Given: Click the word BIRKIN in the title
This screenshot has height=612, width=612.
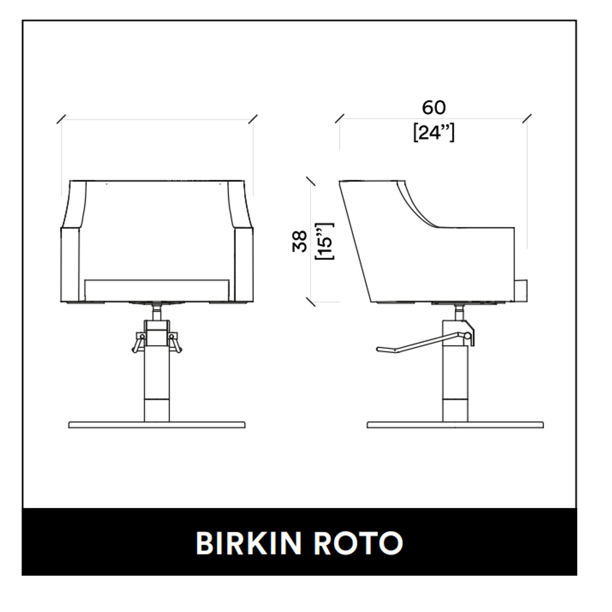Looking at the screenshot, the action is pyautogui.click(x=248, y=543).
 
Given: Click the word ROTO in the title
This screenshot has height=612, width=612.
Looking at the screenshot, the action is pyautogui.click(x=358, y=543).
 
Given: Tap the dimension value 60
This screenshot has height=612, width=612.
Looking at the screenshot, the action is pyautogui.click(x=434, y=107).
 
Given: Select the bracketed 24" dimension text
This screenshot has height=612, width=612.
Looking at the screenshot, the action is pyautogui.click(x=434, y=132).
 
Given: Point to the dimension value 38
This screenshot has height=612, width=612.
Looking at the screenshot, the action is pyautogui.click(x=300, y=241).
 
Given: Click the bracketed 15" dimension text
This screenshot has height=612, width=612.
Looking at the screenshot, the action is pyautogui.click(x=325, y=241).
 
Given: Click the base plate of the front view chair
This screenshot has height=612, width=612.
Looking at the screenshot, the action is pyautogui.click(x=157, y=425).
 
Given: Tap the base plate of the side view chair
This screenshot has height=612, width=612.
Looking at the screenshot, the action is pyautogui.click(x=455, y=425).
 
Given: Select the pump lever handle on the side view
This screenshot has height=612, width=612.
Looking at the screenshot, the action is pyautogui.click(x=422, y=342).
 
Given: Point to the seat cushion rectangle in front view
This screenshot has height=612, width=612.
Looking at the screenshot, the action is pyautogui.click(x=157, y=290).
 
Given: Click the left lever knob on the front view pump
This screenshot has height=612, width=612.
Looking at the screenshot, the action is pyautogui.click(x=137, y=342).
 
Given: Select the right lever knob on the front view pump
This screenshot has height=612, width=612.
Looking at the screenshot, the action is pyautogui.click(x=176, y=342).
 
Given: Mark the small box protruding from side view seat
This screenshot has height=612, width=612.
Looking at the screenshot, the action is pyautogui.click(x=521, y=290).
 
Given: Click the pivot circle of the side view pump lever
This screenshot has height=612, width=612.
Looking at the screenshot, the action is pyautogui.click(x=467, y=335).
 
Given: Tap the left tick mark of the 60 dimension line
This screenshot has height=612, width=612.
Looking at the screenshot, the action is pyautogui.click(x=340, y=118).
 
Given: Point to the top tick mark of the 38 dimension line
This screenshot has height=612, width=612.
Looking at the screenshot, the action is pyautogui.click(x=311, y=181).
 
